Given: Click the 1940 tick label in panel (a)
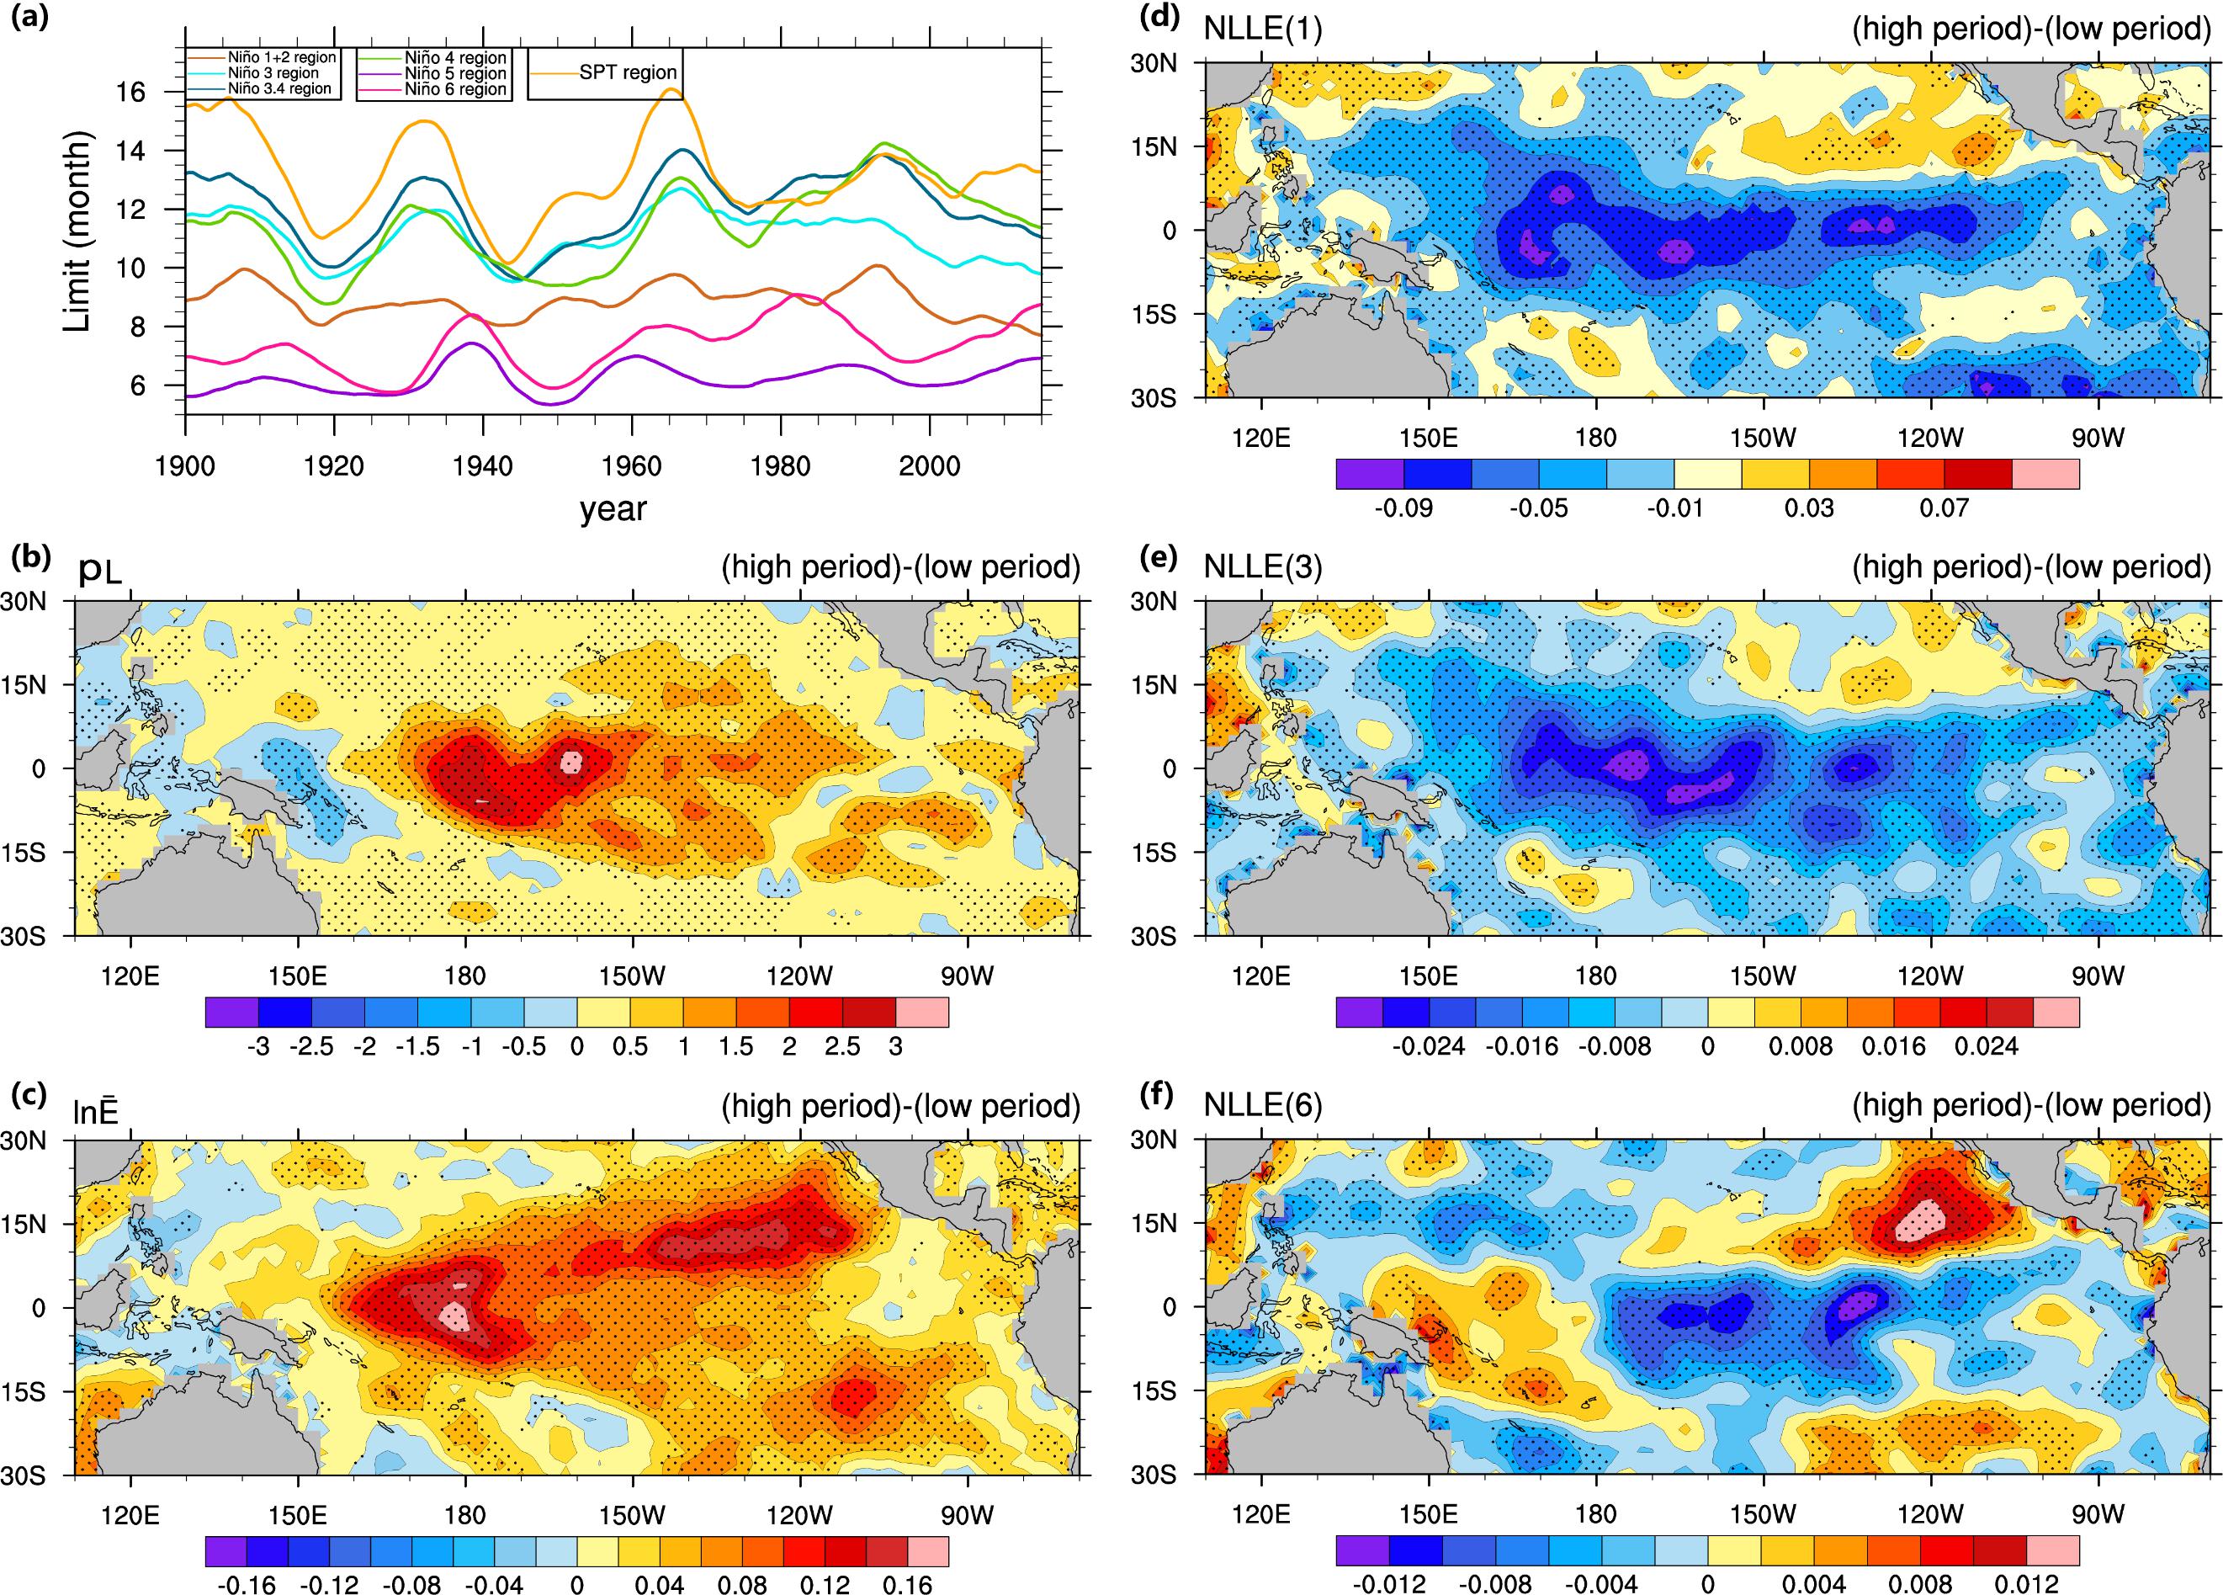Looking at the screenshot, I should point(482,465).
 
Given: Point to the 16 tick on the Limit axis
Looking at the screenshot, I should point(130,92).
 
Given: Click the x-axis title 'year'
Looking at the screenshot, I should point(613,508).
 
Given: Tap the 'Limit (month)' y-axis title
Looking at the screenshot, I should point(77,231).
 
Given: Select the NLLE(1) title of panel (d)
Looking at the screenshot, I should point(1262,29).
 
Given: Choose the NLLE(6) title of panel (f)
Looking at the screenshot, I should point(1262,1105).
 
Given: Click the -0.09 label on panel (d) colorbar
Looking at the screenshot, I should point(1403,508).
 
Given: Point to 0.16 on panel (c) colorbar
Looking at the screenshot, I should point(908,1585).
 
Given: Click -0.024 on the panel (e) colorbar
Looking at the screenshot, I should point(1428,1046).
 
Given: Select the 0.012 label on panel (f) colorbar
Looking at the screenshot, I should point(2025,1585).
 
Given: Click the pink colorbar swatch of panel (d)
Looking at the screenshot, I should point(2045,474).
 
